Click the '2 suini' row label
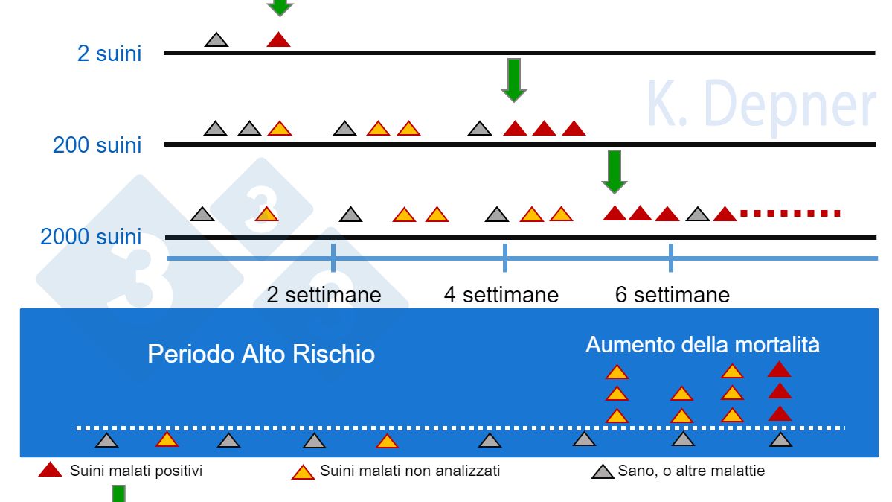tap(109, 54)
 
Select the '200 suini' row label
tap(97, 144)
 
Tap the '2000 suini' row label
tap(90, 237)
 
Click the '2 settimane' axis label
tap(324, 295)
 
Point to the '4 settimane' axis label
tap(501, 295)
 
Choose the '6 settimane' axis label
tap(672, 295)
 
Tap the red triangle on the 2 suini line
tap(278, 40)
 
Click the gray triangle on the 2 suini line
tap(216, 40)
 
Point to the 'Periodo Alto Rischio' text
tap(260, 354)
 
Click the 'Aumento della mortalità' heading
tap(702, 345)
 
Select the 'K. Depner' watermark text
tap(760, 106)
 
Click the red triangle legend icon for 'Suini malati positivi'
tap(50, 470)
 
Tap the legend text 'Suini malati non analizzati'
tap(409, 471)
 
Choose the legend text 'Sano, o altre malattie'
tap(690, 471)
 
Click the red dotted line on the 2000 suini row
tap(790, 214)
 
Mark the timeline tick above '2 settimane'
tap(333, 258)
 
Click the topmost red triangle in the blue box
tap(779, 369)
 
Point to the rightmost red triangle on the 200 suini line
tap(573, 129)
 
